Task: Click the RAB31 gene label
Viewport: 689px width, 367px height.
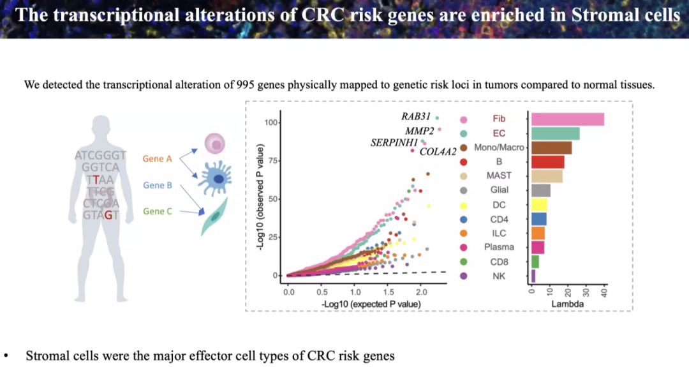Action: (x=416, y=117)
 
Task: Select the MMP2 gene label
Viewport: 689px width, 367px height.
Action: (x=419, y=131)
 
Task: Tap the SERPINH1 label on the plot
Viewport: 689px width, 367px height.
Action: (x=394, y=143)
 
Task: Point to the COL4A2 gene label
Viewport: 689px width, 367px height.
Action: (x=438, y=152)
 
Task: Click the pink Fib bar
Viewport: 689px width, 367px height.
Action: (x=568, y=119)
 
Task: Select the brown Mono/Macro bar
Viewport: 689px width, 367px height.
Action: (x=551, y=147)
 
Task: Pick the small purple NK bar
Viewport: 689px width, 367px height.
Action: (x=533, y=276)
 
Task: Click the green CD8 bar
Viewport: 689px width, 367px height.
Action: (x=535, y=262)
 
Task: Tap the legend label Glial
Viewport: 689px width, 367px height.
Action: (x=499, y=190)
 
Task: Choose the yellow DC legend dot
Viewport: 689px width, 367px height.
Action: (x=463, y=206)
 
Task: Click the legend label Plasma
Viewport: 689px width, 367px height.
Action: (x=499, y=247)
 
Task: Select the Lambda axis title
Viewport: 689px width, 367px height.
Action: (x=568, y=304)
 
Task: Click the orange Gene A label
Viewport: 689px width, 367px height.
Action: (x=158, y=159)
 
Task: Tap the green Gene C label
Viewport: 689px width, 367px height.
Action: (x=158, y=211)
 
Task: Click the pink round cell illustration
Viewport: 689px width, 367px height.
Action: (x=215, y=144)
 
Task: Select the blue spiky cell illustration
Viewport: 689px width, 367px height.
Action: (x=216, y=178)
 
